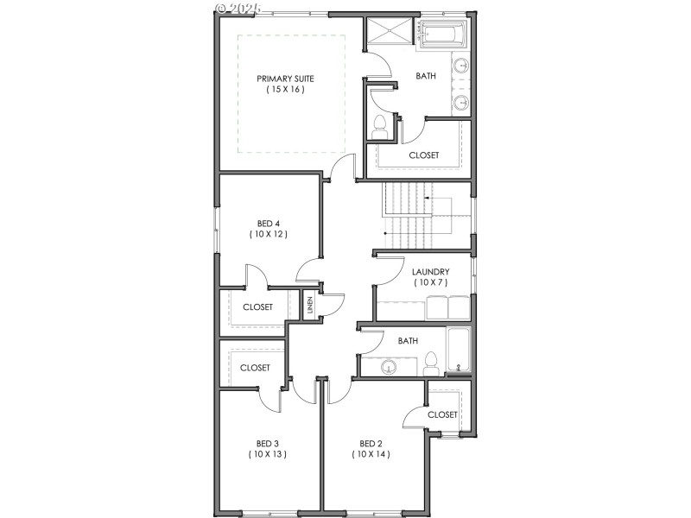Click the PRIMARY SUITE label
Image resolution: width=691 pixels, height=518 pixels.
coord(285,79)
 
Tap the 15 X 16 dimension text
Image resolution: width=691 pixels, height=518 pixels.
coord(285,90)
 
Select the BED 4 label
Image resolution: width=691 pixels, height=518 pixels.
coord(269,223)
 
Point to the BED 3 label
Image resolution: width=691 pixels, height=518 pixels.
coord(268,443)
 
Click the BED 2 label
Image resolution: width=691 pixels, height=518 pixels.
coord(371,443)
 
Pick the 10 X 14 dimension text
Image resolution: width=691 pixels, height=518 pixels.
coord(371,454)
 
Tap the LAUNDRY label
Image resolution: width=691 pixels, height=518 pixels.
coord(430,271)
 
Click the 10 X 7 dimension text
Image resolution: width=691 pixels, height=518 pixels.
coord(430,282)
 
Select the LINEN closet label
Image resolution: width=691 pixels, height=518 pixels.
coord(311,306)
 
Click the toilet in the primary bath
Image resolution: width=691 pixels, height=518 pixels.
coord(378,127)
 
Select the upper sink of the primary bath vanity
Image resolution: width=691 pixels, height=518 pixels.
coord(461,66)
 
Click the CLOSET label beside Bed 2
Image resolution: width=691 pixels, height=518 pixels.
coord(442,414)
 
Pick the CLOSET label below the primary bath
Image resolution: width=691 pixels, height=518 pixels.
coord(423,155)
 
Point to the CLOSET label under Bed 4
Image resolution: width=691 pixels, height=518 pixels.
coord(257,307)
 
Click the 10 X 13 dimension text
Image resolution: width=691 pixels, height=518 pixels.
coord(268,454)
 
